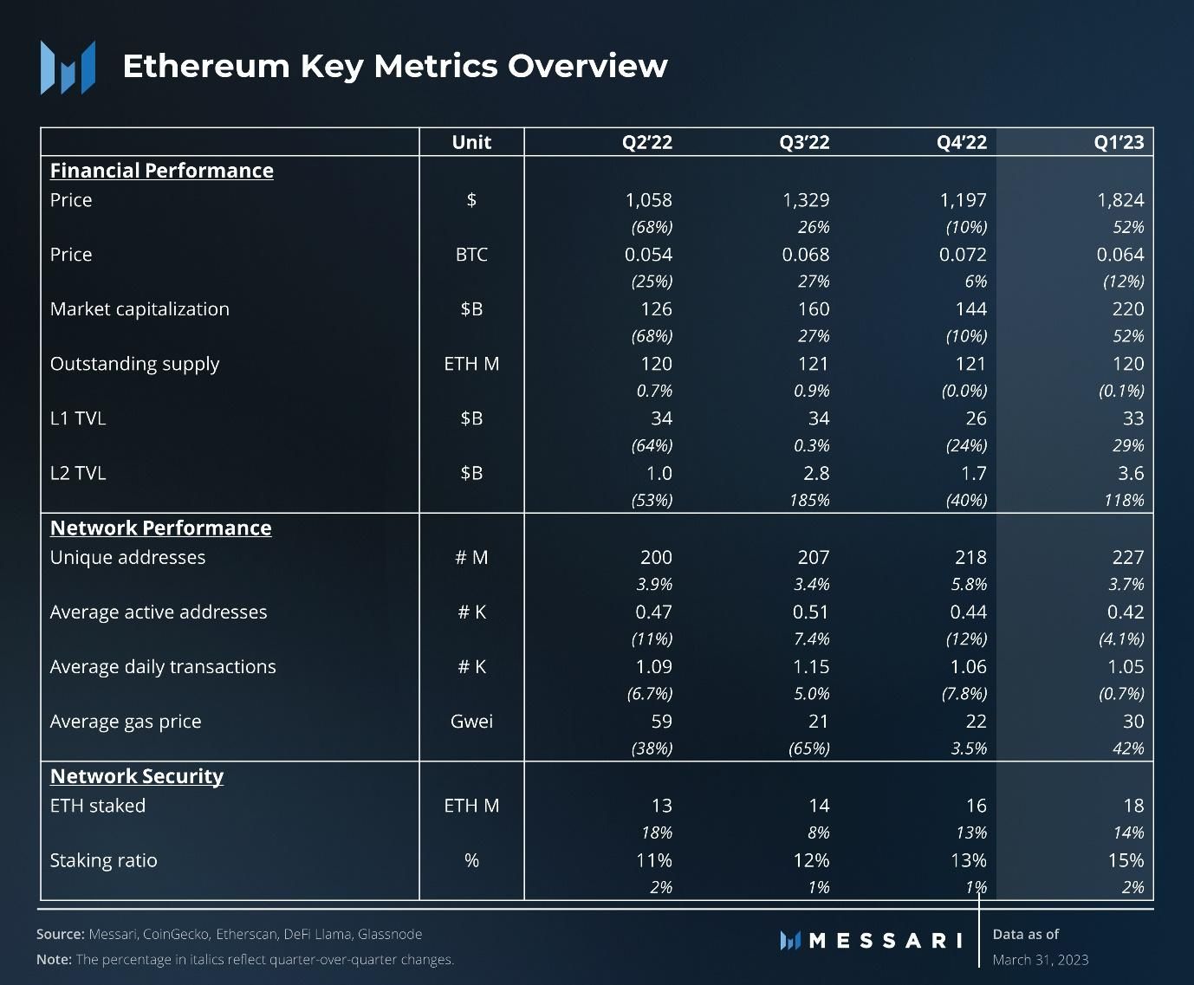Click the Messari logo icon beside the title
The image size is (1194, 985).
click(x=68, y=67)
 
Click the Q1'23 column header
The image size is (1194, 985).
click(x=1119, y=142)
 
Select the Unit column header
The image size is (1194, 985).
click(x=471, y=142)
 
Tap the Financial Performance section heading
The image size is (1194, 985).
click(x=161, y=171)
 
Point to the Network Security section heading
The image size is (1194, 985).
click(x=137, y=776)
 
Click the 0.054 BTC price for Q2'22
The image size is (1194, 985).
click(x=648, y=255)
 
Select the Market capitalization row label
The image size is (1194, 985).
click(x=140, y=309)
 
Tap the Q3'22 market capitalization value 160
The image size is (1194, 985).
click(x=813, y=309)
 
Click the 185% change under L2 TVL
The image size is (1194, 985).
click(x=809, y=500)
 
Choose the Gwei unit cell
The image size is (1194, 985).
click(x=471, y=722)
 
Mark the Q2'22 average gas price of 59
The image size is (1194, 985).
click(x=661, y=722)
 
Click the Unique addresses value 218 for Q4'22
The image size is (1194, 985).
click(x=970, y=557)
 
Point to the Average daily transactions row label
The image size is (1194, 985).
click(x=163, y=667)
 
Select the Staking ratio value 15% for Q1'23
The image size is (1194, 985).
click(x=1125, y=860)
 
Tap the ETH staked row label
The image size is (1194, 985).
click(x=98, y=806)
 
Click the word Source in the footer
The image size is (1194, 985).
click(x=60, y=935)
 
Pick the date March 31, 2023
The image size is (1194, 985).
click(x=1040, y=960)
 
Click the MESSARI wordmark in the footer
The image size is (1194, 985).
click(x=884, y=941)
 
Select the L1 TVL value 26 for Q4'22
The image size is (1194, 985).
click(x=976, y=418)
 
